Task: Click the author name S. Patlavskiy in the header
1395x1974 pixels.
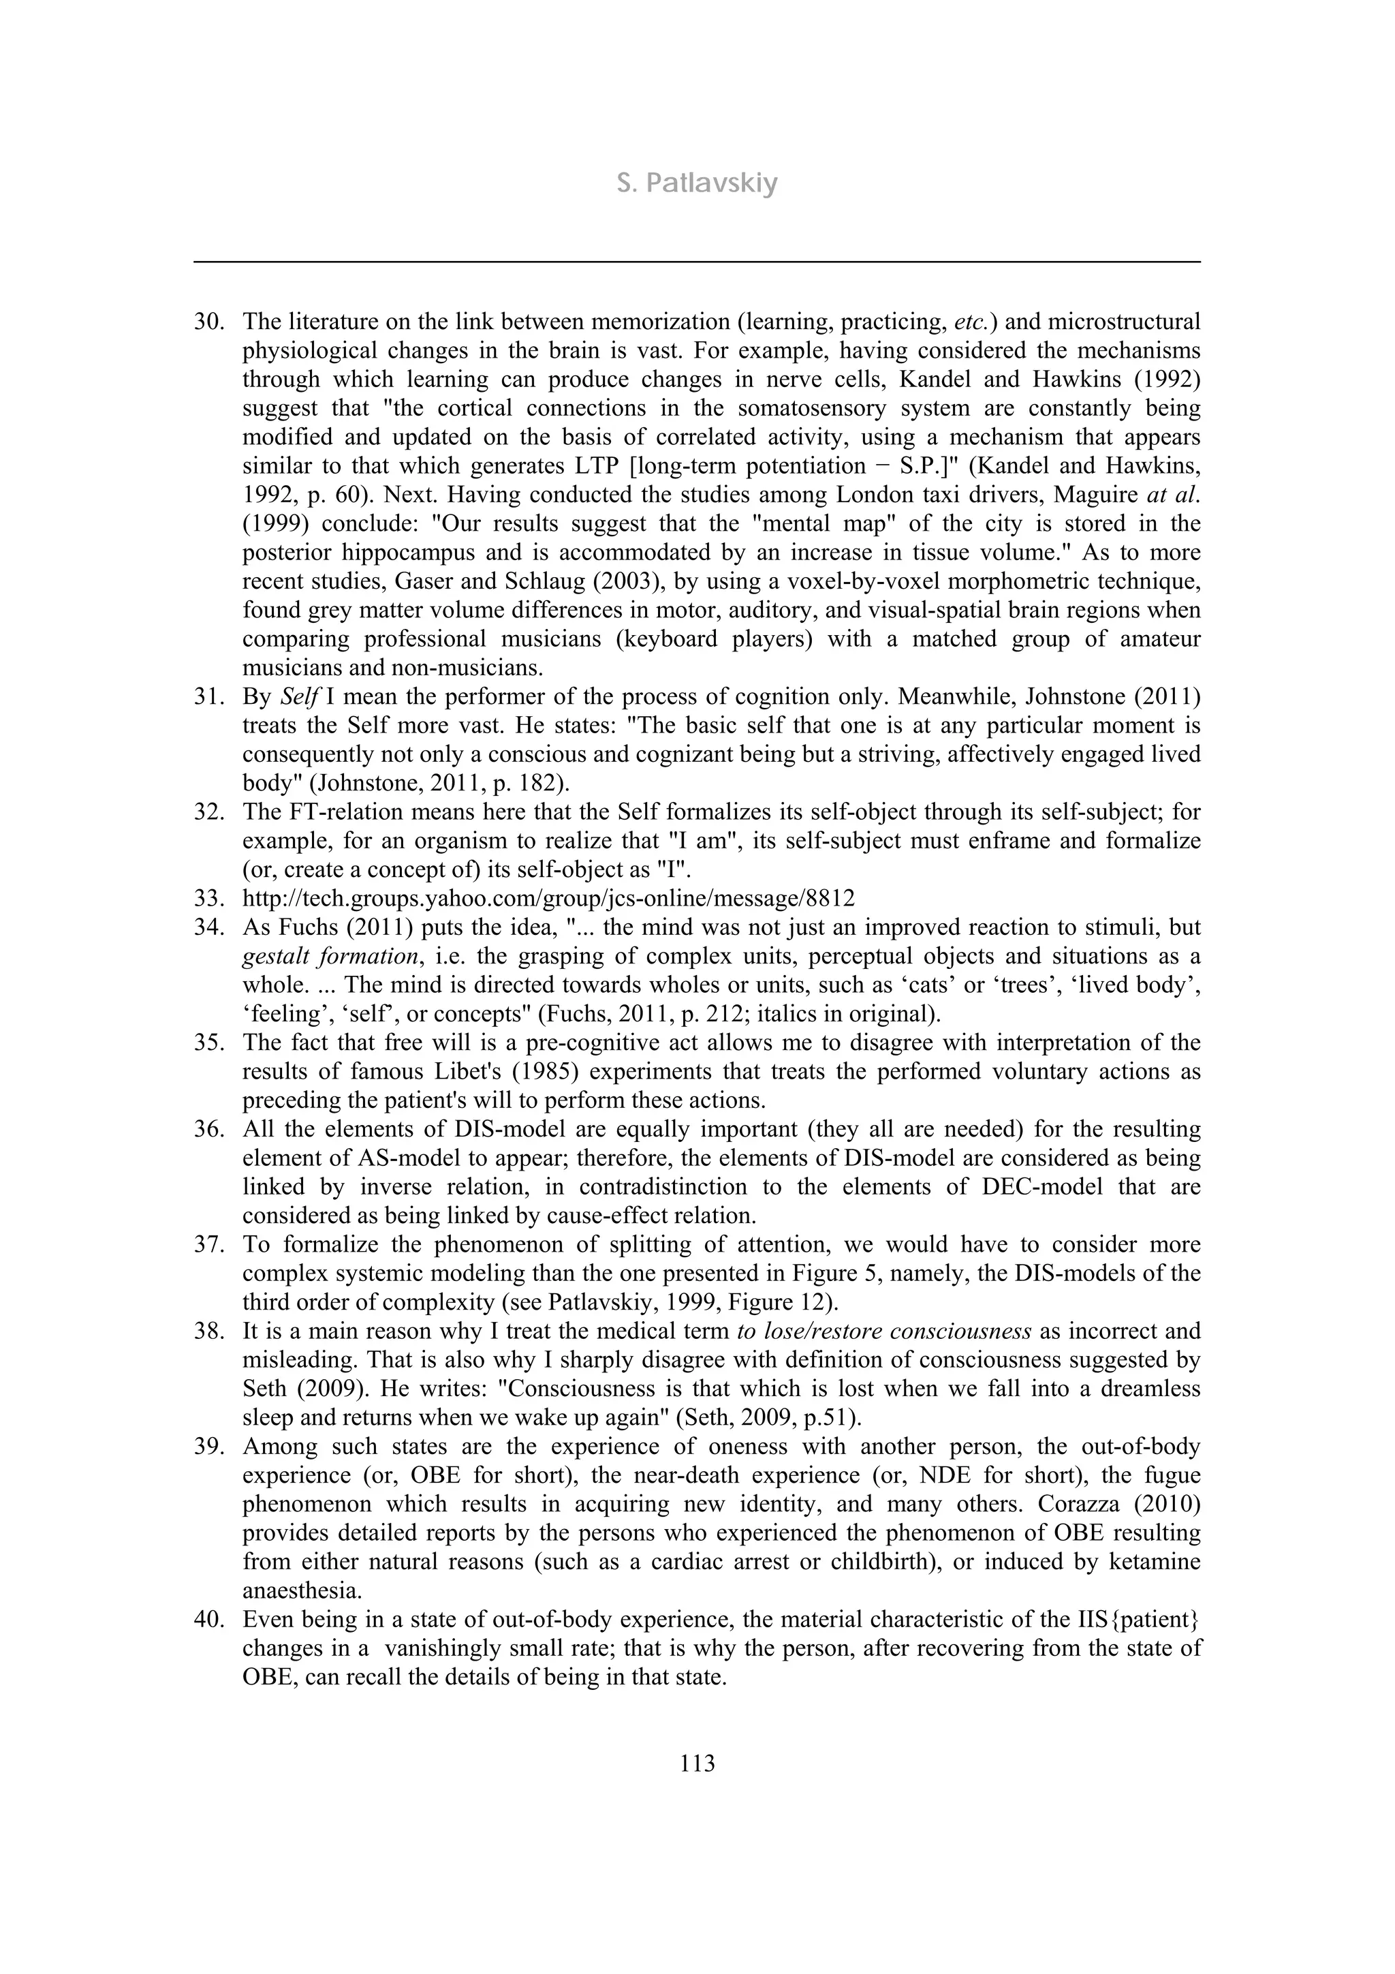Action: pyautogui.click(x=696, y=184)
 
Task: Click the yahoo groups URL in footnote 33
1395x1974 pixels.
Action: pyautogui.click(x=548, y=899)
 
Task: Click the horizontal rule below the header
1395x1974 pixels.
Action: pyautogui.click(x=696, y=262)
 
